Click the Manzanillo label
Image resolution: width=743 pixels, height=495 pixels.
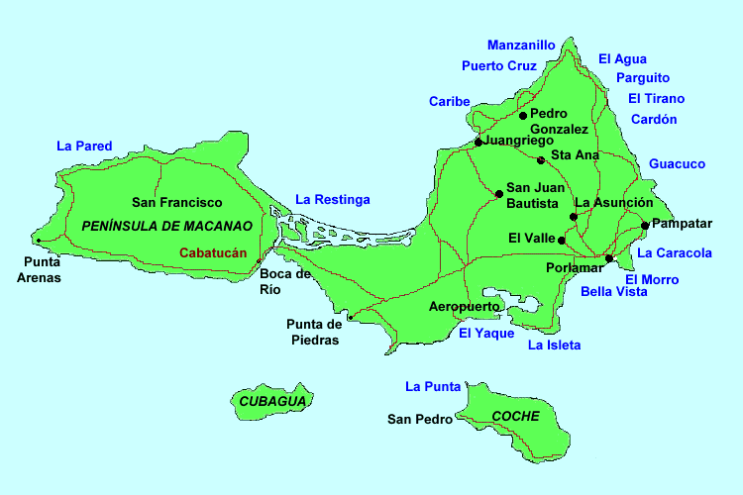pos(521,45)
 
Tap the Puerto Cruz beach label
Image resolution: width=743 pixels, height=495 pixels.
pos(499,66)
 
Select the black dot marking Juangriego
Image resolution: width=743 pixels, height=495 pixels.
pos(478,142)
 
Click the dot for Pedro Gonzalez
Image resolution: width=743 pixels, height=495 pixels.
pos(523,115)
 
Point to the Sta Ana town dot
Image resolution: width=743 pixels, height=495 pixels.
pos(541,159)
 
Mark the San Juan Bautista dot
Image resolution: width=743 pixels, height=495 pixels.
pos(498,192)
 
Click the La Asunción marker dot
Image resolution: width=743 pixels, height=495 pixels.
pos(574,216)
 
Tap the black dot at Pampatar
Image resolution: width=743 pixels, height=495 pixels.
pos(645,225)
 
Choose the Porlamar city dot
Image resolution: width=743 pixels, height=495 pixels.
pos(609,258)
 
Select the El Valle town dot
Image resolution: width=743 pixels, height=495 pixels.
pos(562,240)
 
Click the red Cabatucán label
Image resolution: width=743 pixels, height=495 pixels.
pos(212,252)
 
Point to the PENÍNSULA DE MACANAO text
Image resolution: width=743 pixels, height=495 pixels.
pos(167,226)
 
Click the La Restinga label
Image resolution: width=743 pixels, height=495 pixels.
pos(333,200)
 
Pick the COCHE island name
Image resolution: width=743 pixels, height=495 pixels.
pos(515,416)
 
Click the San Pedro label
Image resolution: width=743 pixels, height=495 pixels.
pos(419,420)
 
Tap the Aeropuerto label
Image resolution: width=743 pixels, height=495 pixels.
pos(464,307)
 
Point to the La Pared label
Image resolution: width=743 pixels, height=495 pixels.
pos(84,146)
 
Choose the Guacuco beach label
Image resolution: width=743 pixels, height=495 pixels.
pos(677,163)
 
